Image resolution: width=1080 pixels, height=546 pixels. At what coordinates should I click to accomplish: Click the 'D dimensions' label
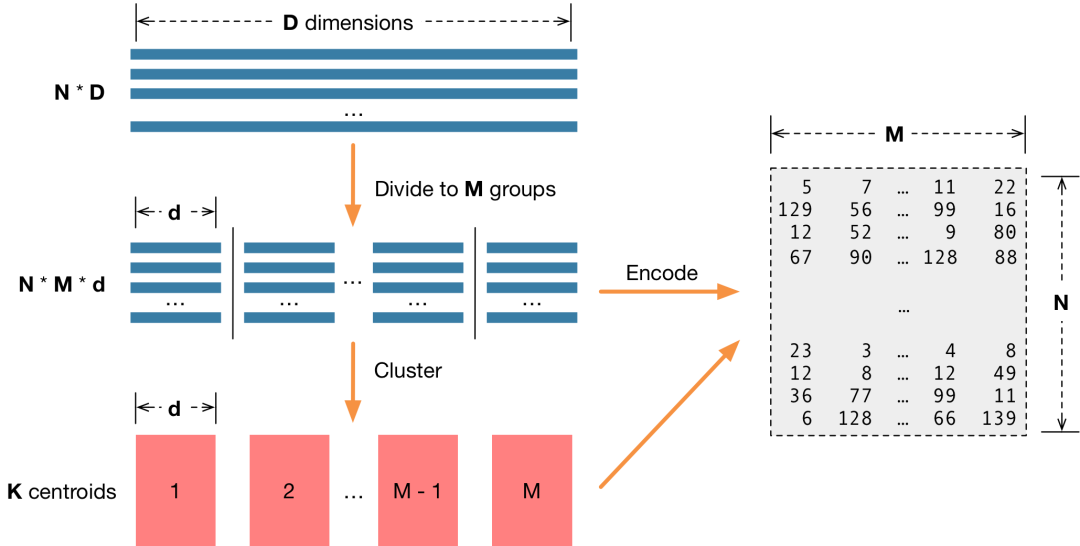pos(348,22)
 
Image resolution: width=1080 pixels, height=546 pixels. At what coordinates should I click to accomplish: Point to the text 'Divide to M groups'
pos(465,189)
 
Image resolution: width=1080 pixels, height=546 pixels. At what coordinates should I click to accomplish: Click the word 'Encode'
pos(661,273)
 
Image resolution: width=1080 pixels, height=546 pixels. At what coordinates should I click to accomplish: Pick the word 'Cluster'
pos(408,371)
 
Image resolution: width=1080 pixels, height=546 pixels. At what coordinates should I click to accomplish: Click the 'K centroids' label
pos(62,491)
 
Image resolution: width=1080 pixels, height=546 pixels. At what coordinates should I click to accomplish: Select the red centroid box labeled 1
pos(175,490)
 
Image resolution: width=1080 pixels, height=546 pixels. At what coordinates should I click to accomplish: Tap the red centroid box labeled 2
pos(289,490)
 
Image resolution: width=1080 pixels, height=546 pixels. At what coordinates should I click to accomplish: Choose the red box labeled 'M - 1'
pos(417,490)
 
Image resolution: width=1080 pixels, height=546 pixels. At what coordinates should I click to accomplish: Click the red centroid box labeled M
pos(531,490)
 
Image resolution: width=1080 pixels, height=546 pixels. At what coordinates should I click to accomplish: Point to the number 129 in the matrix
pos(795,209)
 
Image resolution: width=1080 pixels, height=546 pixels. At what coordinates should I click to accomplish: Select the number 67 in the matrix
pos(799,257)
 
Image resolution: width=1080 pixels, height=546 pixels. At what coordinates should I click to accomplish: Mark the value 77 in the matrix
pos(860,395)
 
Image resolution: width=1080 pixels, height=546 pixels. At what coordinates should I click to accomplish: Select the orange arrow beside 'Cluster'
pos(352,380)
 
